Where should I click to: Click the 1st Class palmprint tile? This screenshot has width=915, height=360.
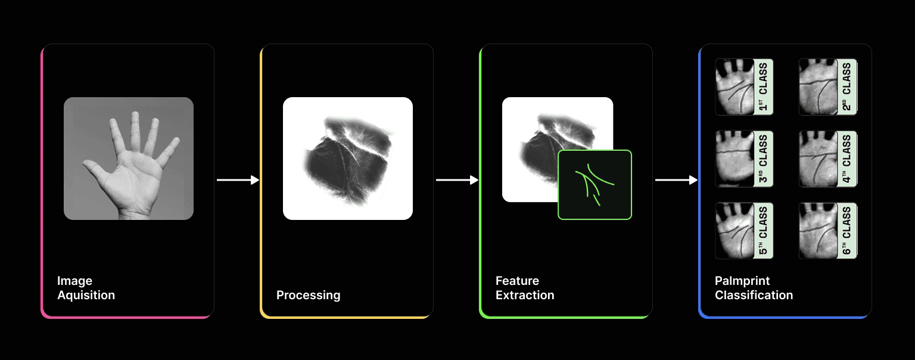click(744, 86)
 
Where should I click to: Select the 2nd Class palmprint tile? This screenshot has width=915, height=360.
click(827, 86)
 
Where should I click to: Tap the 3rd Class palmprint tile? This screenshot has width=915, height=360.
click(744, 159)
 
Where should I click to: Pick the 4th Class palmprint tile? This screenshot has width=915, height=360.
click(827, 159)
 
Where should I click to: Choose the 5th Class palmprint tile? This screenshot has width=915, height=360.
click(744, 231)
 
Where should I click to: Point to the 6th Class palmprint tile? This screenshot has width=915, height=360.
click(827, 231)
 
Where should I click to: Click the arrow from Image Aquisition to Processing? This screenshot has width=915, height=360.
click(238, 180)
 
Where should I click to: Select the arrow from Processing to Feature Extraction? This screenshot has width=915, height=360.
click(457, 180)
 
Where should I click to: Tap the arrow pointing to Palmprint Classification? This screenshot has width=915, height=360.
click(676, 180)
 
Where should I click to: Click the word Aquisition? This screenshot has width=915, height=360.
click(86, 295)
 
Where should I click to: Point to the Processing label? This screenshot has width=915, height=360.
click(308, 295)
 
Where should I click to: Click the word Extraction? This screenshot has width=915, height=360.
click(525, 295)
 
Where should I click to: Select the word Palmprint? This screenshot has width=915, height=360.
click(742, 281)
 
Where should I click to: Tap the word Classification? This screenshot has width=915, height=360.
click(754, 295)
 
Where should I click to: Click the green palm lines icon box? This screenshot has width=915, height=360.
click(595, 185)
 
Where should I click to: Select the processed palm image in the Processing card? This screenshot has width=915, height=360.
click(348, 159)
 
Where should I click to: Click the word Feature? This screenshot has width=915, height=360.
click(517, 281)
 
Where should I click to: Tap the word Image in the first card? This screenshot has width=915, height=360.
click(74, 281)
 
